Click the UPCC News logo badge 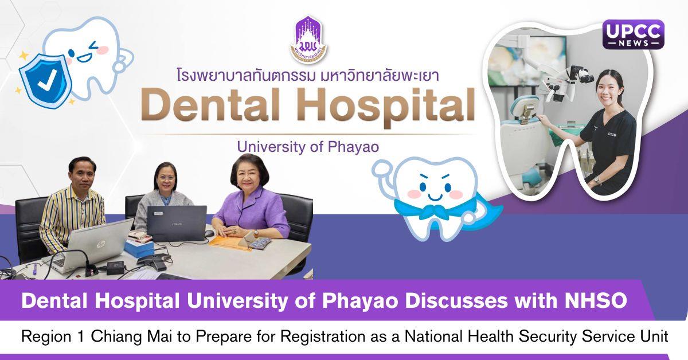(633, 34)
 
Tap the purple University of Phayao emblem (308, 39)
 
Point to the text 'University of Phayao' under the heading (307, 147)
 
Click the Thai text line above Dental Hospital (307, 75)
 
